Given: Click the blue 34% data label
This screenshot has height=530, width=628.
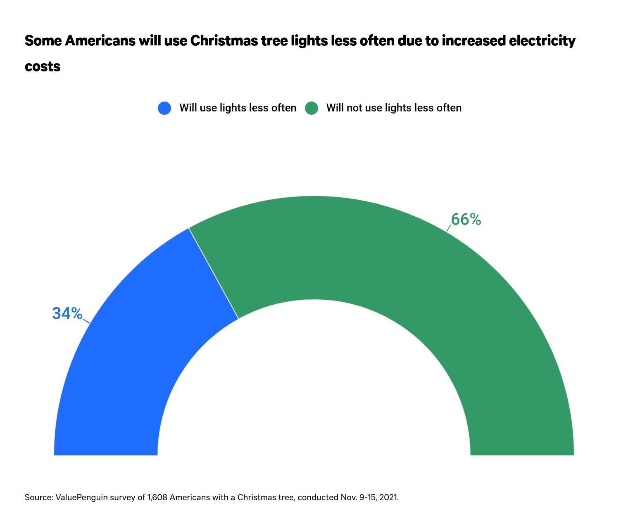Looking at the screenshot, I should pos(67,314).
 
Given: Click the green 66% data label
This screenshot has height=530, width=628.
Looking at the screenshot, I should pos(466,220).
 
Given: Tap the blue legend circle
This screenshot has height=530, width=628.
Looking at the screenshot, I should pos(164,108).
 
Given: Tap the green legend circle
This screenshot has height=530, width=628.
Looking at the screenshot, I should pos(312,108).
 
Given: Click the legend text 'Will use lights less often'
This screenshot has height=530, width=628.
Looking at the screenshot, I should pos(238,108).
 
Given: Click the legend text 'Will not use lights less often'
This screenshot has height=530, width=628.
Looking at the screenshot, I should pos(394,108).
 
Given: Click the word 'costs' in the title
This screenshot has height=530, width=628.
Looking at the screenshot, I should pos(43,66).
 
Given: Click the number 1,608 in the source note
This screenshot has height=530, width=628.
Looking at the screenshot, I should pos(157,497).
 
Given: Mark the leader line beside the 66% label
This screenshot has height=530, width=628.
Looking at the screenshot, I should pos(449,228).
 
